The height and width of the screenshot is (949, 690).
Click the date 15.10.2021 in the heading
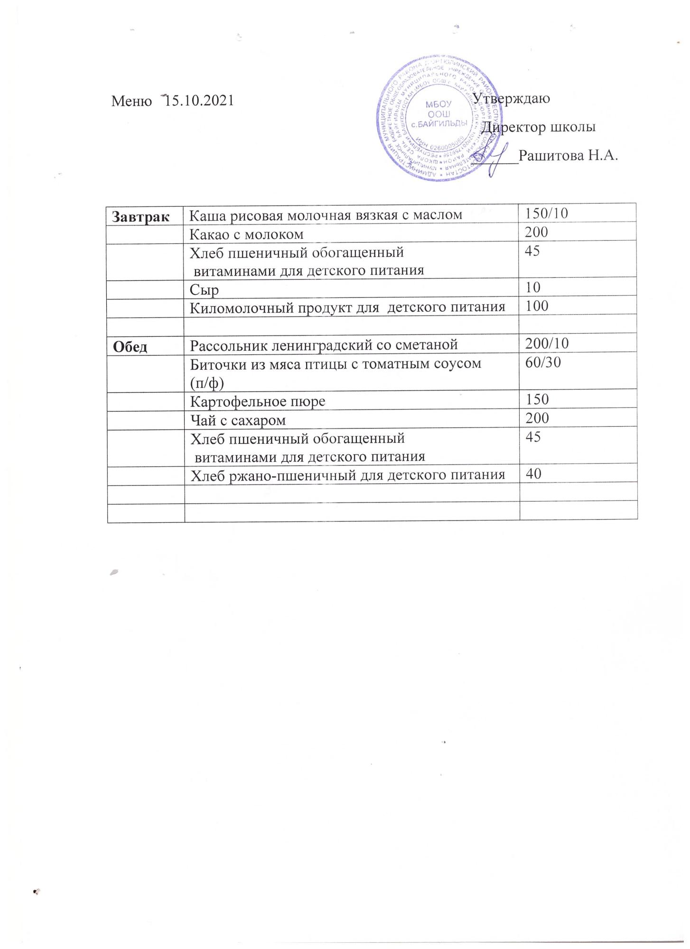[x=198, y=101]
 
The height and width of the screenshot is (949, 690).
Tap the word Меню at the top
[x=131, y=101]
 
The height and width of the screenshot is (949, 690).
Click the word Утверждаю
[x=513, y=99]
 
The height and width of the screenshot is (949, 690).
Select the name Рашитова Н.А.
[x=569, y=156]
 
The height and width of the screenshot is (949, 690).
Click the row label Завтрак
[x=141, y=216]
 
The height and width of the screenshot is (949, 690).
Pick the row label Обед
[x=130, y=347]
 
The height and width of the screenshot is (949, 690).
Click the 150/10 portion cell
[x=546, y=214]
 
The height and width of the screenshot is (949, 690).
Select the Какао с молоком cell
[x=246, y=234]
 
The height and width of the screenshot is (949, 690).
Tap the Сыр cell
[x=204, y=289]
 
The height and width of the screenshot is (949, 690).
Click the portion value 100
[x=537, y=306]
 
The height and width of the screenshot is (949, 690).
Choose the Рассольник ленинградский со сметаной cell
[x=324, y=344]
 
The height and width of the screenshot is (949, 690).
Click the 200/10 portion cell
[x=547, y=343]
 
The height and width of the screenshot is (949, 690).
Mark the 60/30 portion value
[x=543, y=363]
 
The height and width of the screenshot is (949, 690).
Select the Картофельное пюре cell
[x=258, y=401]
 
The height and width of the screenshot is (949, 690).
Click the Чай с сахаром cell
[x=238, y=420]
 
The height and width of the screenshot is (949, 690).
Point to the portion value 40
[x=533, y=474]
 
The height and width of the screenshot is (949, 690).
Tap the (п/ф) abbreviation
[x=206, y=382]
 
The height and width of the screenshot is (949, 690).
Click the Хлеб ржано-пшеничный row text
[x=347, y=475]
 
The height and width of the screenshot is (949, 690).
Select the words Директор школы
[x=539, y=127]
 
